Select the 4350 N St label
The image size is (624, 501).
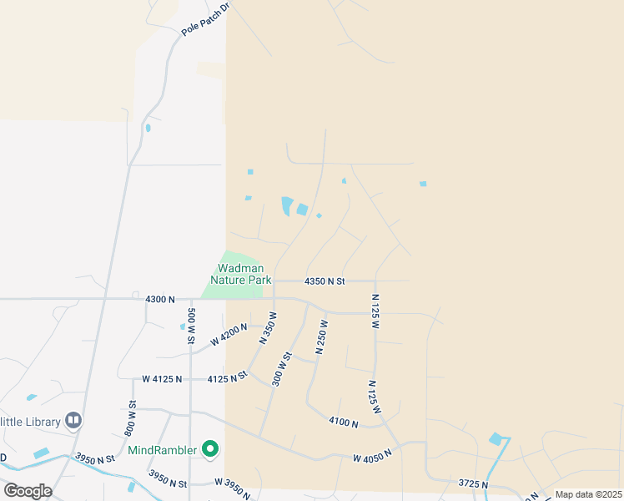325,281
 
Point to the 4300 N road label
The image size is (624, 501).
159,298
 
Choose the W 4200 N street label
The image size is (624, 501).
229,336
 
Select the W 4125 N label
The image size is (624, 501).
162,379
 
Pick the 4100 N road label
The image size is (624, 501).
343,423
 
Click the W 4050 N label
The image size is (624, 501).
372,458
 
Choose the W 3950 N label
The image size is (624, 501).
233,487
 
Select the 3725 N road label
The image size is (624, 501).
473,483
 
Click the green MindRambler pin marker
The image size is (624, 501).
210,450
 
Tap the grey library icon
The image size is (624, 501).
73,420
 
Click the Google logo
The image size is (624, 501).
27,490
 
